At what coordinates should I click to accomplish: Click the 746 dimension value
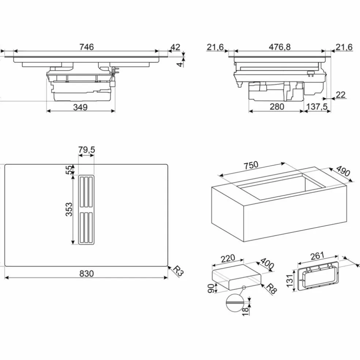(87, 47)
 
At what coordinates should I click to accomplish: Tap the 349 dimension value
(80, 107)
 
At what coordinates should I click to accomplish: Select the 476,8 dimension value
(280, 47)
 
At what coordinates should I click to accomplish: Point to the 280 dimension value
(277, 107)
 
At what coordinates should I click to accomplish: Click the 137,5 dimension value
(317, 107)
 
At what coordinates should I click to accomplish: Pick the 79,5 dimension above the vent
(87, 150)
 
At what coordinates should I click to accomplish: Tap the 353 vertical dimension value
(69, 209)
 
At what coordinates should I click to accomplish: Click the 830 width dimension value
(87, 273)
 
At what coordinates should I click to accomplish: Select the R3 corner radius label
(178, 271)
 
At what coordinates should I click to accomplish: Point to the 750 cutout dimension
(251, 165)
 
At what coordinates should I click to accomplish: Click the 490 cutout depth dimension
(343, 171)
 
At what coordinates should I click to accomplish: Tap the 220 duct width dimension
(228, 259)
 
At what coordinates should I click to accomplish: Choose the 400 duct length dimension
(267, 263)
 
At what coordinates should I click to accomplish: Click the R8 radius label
(271, 289)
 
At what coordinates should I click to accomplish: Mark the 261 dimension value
(317, 256)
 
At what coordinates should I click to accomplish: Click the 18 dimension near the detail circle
(245, 311)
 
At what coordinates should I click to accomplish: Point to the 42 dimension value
(175, 47)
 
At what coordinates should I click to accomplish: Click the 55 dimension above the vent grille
(69, 170)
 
